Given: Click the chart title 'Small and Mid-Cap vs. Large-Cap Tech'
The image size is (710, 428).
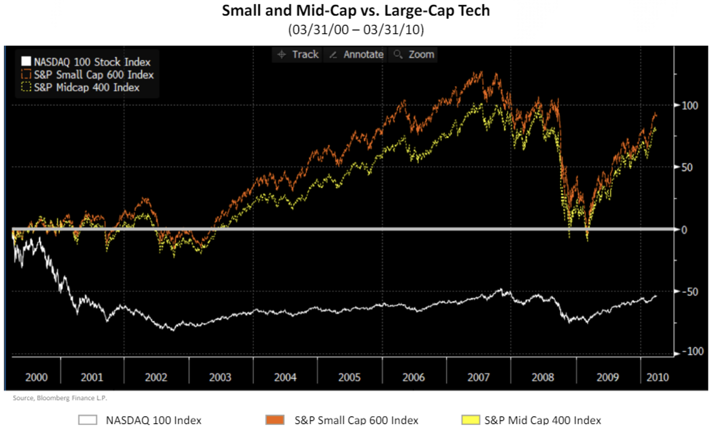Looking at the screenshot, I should [355, 10].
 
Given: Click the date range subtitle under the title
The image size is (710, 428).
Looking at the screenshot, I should [355, 29].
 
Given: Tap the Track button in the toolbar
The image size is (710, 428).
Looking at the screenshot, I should [298, 54].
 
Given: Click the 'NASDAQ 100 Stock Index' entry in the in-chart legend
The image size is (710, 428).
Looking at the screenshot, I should [91, 62].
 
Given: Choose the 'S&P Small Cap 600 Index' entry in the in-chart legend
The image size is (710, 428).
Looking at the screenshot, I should [93, 75].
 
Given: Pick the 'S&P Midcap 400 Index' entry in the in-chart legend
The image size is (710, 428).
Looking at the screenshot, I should [86, 88].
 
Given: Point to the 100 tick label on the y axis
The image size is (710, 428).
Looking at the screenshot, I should [690, 106].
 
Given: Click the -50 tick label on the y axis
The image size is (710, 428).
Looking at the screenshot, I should [690, 292].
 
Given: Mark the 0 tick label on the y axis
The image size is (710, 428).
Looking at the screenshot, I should [684, 230].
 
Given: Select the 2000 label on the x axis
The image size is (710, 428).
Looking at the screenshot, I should [36, 377].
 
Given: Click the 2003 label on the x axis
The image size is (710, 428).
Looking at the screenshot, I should [220, 377].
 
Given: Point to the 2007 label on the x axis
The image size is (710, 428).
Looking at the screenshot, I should [478, 377].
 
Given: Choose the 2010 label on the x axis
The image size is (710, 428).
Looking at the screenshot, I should [657, 377].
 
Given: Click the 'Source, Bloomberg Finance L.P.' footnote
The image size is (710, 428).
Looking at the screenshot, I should [60, 398].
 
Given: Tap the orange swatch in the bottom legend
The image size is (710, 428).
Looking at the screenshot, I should [275, 419].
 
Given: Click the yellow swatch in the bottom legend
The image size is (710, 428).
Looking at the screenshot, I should [470, 419].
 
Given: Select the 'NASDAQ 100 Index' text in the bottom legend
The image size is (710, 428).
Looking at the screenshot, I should [154, 420].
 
